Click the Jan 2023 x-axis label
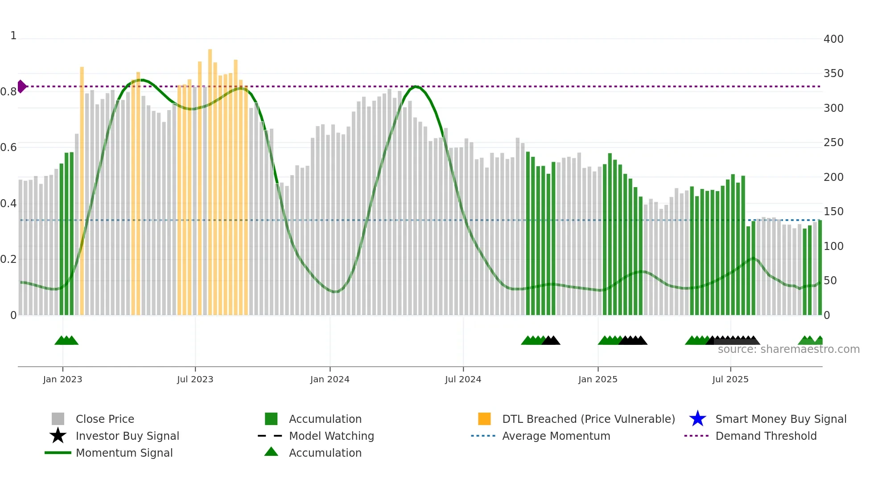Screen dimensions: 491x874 click(62, 379)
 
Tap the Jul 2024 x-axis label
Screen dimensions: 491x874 click(463, 379)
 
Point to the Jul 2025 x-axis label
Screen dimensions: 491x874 click(730, 379)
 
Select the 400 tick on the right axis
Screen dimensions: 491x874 click(833, 39)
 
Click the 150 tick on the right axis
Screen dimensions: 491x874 click(833, 212)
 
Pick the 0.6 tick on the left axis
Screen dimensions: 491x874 click(8, 147)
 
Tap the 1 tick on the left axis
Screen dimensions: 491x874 click(13, 36)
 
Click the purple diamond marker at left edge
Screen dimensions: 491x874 click(21, 86)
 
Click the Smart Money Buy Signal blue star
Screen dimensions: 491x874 click(697, 419)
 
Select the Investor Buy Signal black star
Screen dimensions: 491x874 click(58, 436)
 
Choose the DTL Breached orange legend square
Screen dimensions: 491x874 click(484, 419)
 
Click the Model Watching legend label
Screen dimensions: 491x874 click(331, 436)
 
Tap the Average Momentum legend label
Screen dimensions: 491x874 click(556, 436)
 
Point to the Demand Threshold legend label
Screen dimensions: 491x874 click(766, 436)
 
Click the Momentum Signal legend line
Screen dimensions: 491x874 click(58, 453)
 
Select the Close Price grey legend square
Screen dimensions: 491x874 click(58, 419)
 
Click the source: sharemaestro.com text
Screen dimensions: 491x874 click(788, 349)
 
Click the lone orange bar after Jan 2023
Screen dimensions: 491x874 click(82, 192)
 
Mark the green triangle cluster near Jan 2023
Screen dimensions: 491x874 click(66, 340)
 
